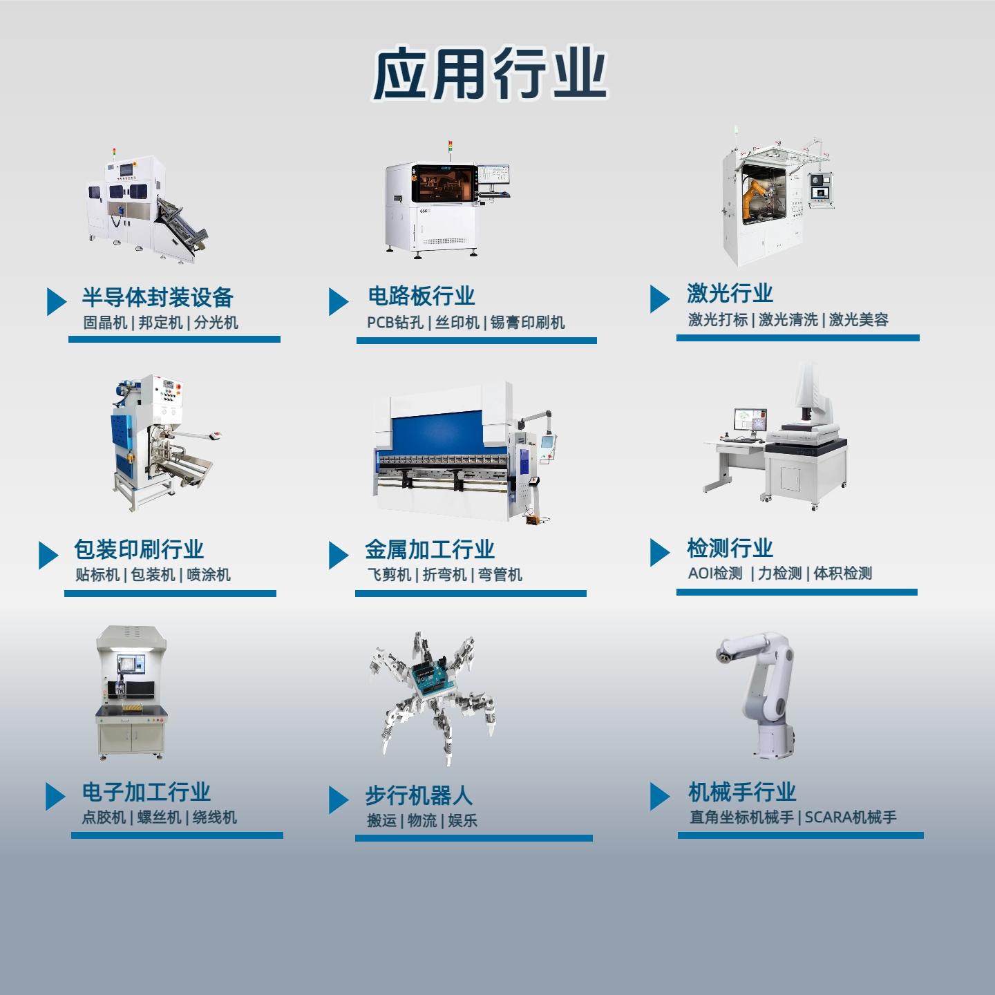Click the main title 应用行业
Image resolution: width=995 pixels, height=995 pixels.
click(x=489, y=74)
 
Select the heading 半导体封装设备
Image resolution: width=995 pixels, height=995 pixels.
click(x=158, y=297)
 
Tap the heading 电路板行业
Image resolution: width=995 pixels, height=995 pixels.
click(x=421, y=296)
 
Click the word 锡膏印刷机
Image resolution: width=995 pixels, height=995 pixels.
click(x=528, y=323)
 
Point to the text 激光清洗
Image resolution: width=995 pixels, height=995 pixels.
click(x=788, y=320)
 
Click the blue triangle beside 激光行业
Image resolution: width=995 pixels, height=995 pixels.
click(x=660, y=299)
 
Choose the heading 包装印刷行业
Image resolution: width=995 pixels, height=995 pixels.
click(x=138, y=549)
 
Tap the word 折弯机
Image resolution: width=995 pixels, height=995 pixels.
click(x=444, y=575)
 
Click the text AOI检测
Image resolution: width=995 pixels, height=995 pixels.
click(x=715, y=573)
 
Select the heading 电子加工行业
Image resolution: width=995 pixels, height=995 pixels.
click(x=146, y=792)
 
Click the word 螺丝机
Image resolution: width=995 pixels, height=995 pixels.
click(x=160, y=817)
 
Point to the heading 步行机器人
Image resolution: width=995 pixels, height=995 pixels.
click(x=419, y=795)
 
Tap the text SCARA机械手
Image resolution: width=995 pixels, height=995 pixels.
click(x=851, y=817)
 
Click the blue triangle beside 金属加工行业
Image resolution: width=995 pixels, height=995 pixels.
click(x=339, y=556)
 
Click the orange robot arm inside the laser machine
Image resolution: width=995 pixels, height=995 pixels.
click(x=756, y=194)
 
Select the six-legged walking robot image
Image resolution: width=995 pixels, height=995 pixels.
click(x=432, y=698)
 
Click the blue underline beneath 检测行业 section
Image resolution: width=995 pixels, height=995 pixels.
click(x=797, y=592)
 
